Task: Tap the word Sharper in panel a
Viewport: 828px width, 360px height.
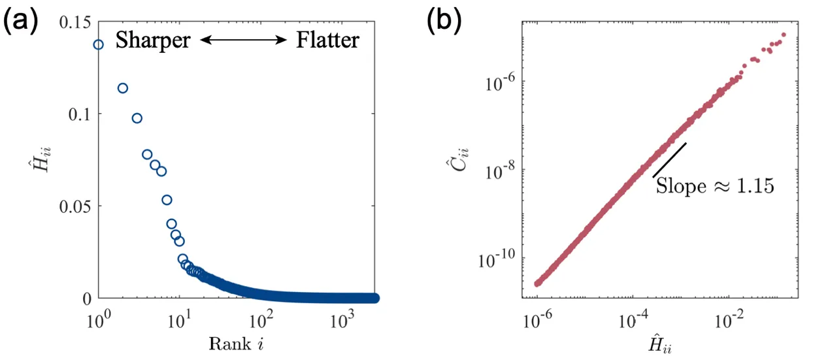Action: (x=153, y=41)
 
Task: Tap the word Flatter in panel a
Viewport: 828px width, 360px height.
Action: (x=327, y=41)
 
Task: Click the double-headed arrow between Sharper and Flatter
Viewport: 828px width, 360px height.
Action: (x=244, y=41)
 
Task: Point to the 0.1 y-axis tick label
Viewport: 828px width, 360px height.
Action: (x=78, y=114)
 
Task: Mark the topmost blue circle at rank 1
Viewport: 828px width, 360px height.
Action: (x=99, y=44)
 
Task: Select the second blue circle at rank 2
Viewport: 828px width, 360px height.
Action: (x=122, y=88)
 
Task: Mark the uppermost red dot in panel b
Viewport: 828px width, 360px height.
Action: (x=784, y=35)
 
